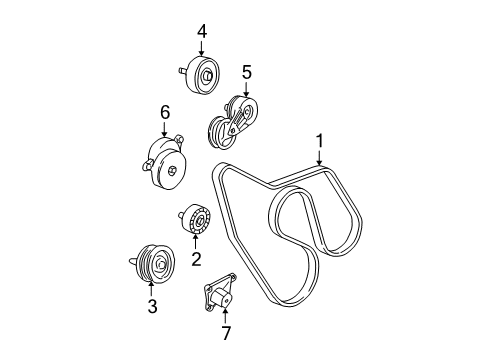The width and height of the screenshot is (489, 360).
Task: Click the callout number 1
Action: coord(320,141)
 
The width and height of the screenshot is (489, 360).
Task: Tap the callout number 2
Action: coord(196,260)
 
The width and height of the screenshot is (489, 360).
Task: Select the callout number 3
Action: coord(153,307)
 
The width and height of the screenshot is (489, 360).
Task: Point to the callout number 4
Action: coord(202,31)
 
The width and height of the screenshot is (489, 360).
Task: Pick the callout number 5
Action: coord(246,72)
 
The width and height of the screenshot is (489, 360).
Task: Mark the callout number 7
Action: coord(225,331)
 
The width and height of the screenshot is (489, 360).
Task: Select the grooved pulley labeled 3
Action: coord(155,264)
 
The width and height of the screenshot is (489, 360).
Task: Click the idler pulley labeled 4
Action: coord(204,73)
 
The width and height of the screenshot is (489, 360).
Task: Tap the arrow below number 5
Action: coord(246,87)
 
